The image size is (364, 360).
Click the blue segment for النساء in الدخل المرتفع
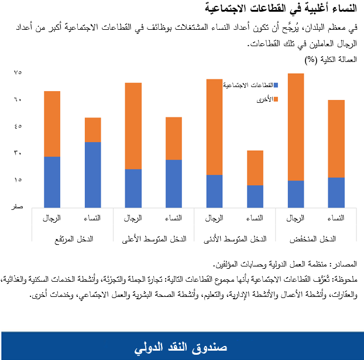[92, 174]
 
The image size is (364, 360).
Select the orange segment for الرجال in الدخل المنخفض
[296, 127]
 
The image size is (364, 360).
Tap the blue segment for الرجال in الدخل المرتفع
[52, 181]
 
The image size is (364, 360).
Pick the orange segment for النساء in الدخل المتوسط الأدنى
[255, 168]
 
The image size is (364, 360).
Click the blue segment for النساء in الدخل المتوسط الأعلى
[174, 183]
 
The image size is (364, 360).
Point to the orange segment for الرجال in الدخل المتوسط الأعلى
[133, 126]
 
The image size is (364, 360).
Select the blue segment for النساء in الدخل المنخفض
[336, 192]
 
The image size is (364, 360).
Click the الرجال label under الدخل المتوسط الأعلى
[133, 218]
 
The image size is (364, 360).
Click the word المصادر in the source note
[345, 265]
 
